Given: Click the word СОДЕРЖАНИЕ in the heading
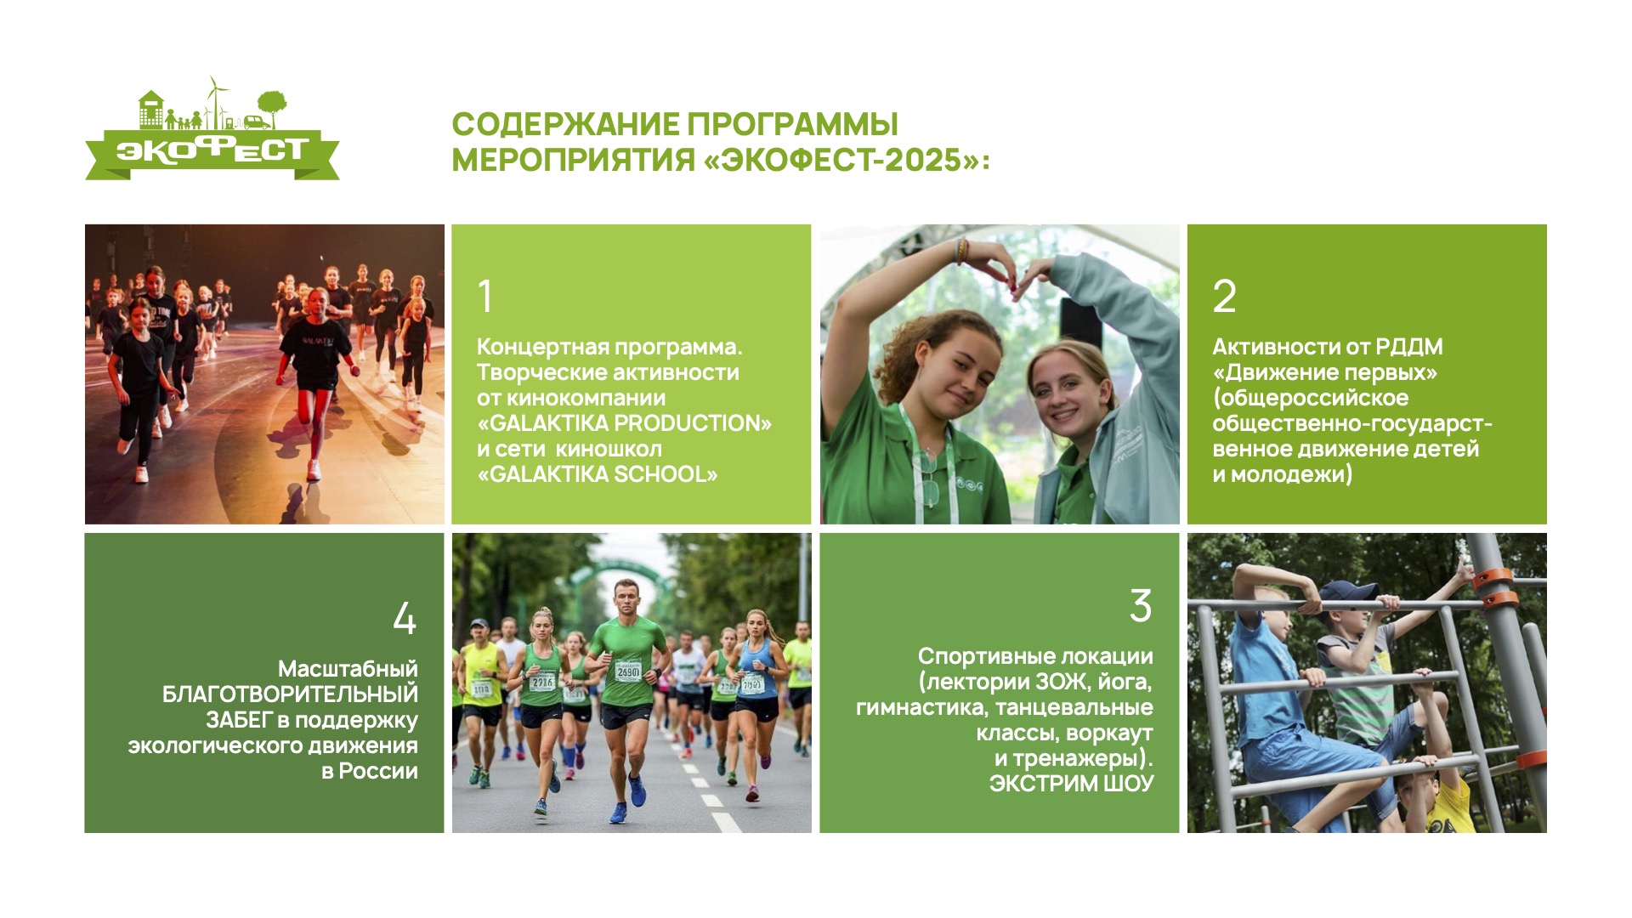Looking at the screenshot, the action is click(x=564, y=124).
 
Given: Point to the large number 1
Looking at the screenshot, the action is click(x=485, y=296).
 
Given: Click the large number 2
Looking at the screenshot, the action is click(x=1224, y=296).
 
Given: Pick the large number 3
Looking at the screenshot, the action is click(x=1141, y=606).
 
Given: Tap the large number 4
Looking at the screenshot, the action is click(x=405, y=618).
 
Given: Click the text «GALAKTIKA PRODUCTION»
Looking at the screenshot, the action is click(x=624, y=423).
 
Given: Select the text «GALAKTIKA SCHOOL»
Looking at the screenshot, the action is click(x=597, y=474).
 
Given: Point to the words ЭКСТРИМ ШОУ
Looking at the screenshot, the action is click(x=1071, y=784).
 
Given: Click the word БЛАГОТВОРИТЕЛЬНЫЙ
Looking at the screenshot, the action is click(x=290, y=694).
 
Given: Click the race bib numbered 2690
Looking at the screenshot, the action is click(x=628, y=671).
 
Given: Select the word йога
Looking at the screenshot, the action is click(x=1124, y=683).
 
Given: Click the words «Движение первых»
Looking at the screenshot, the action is click(x=1325, y=372).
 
